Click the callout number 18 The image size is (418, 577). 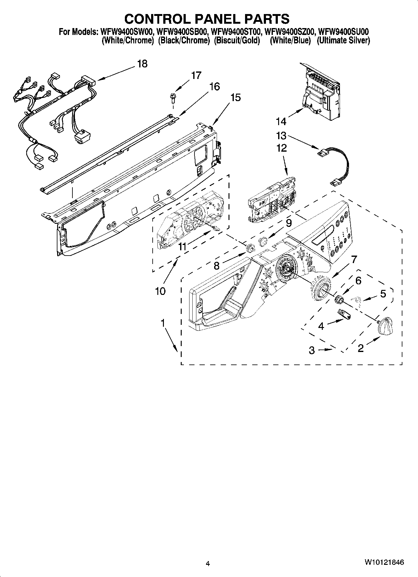tap(142, 64)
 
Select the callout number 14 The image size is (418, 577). tap(281, 121)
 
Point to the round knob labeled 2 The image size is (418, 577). tap(384, 326)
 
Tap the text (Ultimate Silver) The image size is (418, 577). tap(343, 41)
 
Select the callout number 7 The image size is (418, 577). tap(354, 259)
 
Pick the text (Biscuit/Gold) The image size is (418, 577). tap(237, 41)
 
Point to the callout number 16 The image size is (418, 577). tap(214, 86)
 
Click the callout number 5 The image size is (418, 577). tap(383, 293)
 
